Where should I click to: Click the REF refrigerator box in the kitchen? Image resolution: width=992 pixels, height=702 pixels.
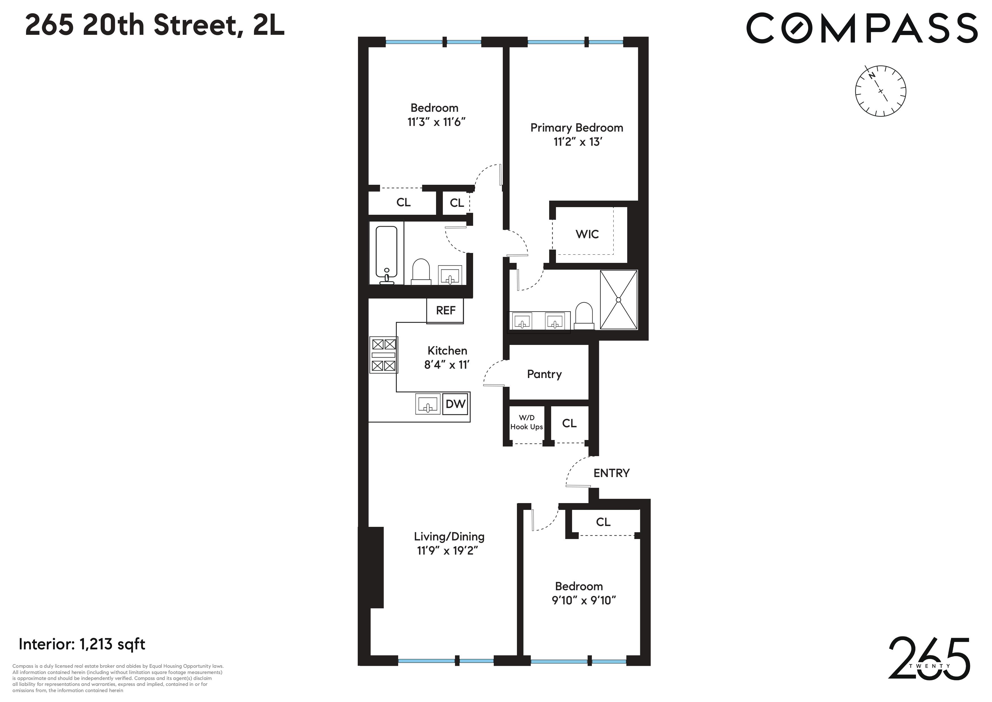pos(445,310)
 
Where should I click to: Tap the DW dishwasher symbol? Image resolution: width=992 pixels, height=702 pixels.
pos(455,404)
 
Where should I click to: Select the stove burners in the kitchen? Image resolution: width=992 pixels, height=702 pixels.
pos(384,355)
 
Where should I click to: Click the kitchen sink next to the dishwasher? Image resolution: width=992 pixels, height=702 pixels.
pos(428,404)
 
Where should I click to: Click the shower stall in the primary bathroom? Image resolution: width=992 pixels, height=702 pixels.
pos(618,300)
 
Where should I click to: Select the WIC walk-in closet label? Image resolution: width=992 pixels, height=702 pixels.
pos(587,234)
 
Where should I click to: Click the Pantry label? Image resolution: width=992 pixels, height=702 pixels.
pos(544,374)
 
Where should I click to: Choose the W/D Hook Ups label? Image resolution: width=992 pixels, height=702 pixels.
pos(526,422)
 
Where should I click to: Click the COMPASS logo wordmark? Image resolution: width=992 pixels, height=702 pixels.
pos(862,28)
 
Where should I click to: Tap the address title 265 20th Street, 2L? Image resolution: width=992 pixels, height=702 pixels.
pos(155,25)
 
